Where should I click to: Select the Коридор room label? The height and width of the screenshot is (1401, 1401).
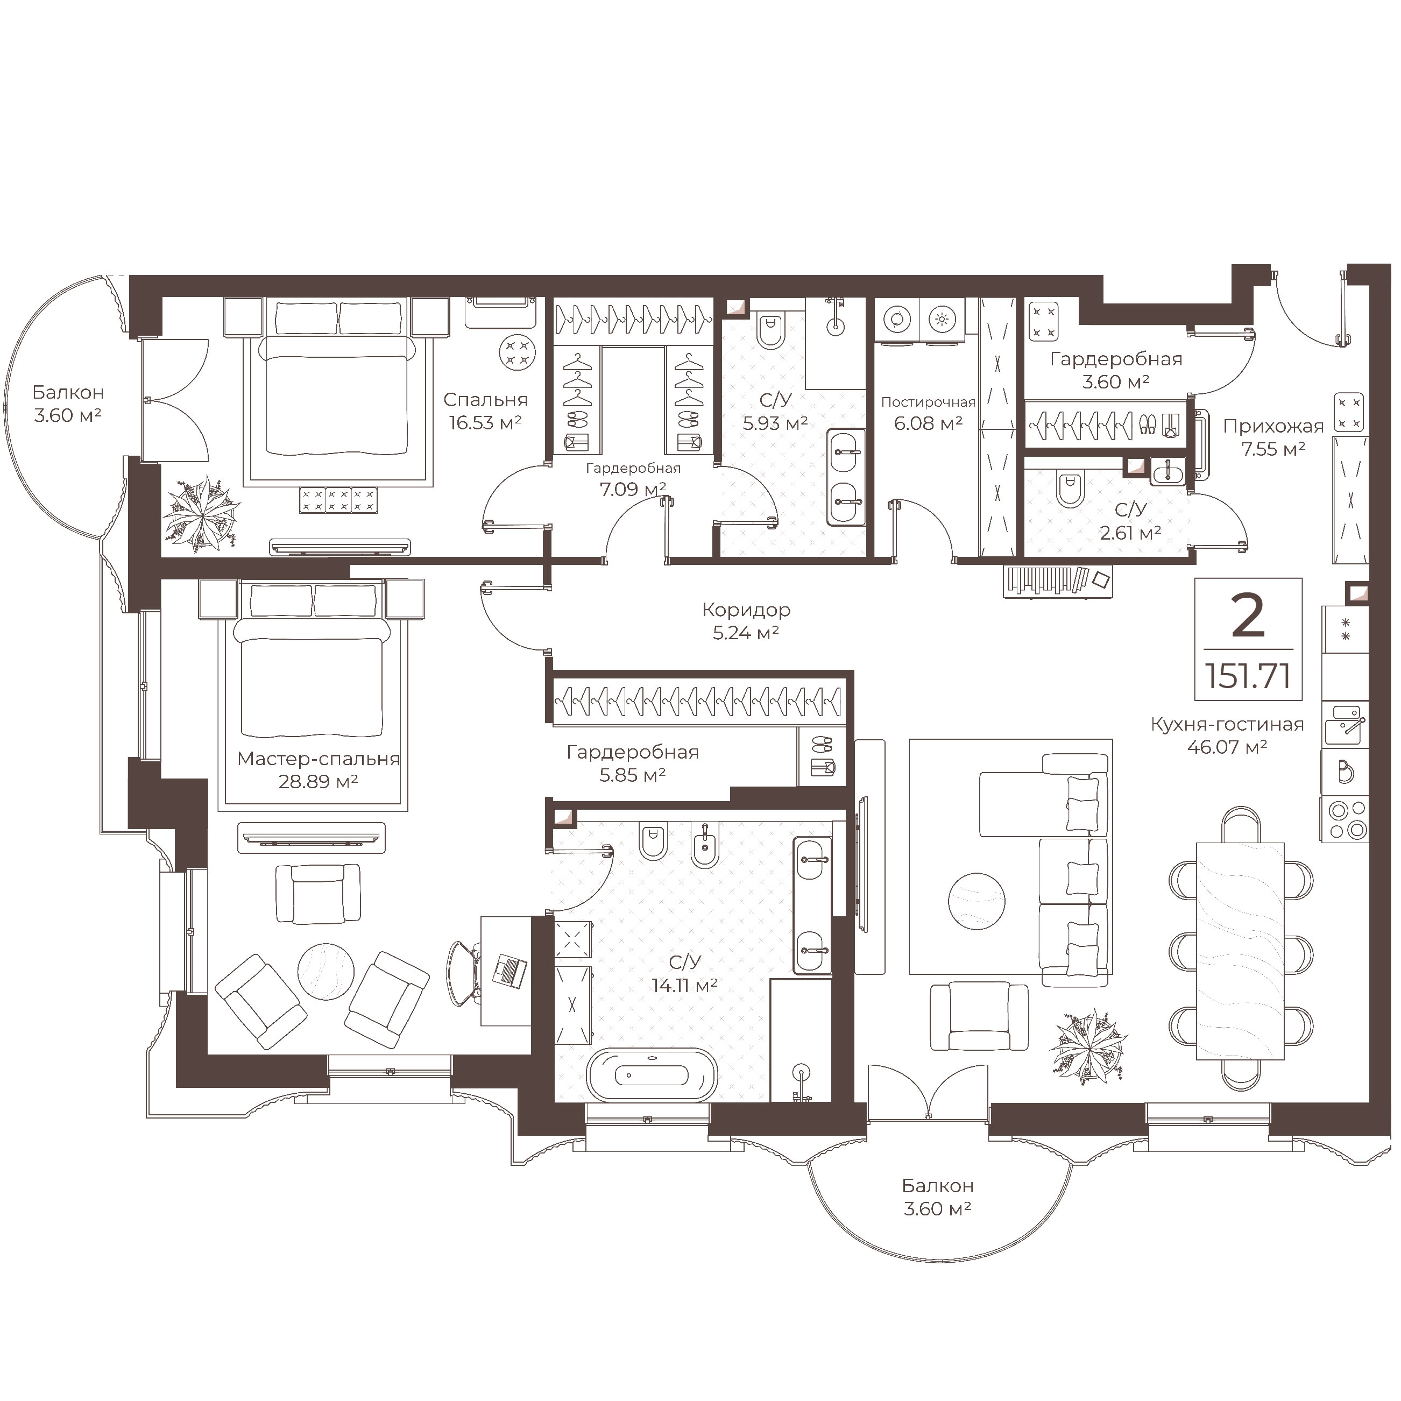pos(746,610)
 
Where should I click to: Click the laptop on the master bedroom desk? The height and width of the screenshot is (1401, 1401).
pos(511,970)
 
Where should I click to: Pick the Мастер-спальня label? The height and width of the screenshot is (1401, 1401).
pos(319,759)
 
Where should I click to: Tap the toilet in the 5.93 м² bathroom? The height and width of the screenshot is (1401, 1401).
pos(769,331)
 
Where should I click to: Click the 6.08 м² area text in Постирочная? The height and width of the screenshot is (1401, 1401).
pos(928,423)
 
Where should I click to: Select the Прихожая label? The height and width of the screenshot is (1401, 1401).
pos(1273,427)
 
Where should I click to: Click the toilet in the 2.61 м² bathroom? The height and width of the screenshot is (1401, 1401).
pos(1070,490)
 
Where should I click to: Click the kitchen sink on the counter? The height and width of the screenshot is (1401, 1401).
pos(1345,726)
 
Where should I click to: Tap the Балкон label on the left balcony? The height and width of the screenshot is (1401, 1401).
pos(68,392)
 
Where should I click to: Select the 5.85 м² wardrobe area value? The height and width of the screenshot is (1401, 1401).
pos(632,775)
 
